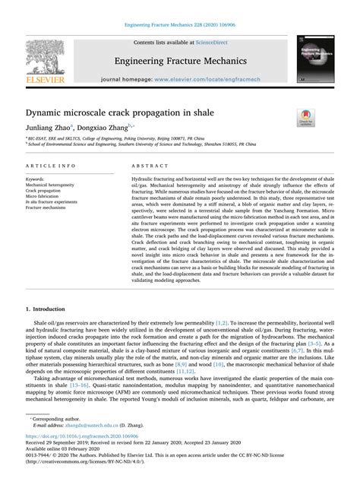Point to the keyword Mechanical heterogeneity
(x=53, y=185)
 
